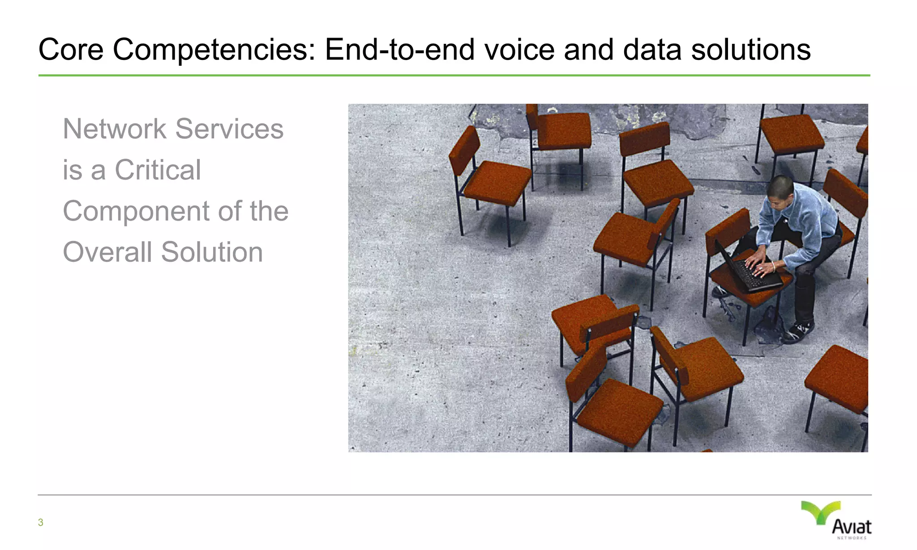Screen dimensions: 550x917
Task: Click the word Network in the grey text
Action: click(115, 129)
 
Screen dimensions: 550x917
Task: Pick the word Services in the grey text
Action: click(229, 129)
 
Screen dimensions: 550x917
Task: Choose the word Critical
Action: click(158, 170)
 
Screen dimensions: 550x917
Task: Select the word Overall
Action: click(107, 252)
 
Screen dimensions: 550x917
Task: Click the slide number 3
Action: click(41, 522)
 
